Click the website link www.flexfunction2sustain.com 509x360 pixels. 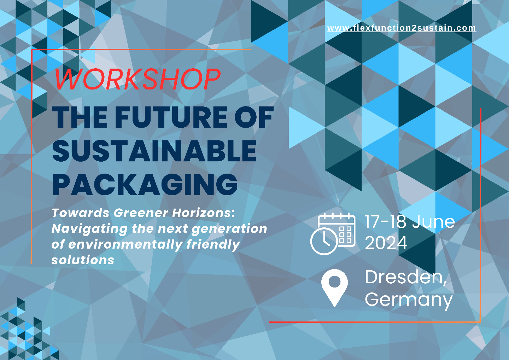(402, 28)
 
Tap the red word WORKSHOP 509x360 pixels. (137, 79)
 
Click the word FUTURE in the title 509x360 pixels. (171, 117)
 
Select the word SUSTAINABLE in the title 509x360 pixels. (154, 151)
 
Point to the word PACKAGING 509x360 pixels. (145, 184)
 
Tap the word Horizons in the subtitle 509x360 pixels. (203, 213)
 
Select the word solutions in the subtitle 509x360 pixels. (83, 260)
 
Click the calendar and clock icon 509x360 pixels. (333, 234)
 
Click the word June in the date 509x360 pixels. (433, 222)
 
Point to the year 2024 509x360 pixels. (386, 243)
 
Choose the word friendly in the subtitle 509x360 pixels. (213, 245)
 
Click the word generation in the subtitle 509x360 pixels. (229, 229)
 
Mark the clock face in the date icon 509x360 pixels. (324, 241)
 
